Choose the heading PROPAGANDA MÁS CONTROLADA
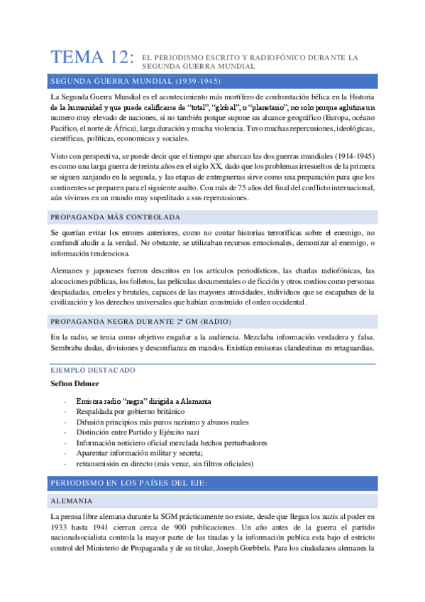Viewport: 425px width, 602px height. click(x=116, y=217)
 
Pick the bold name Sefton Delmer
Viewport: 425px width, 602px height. click(x=74, y=383)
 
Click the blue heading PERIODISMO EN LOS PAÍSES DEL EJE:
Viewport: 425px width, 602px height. click(x=128, y=483)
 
